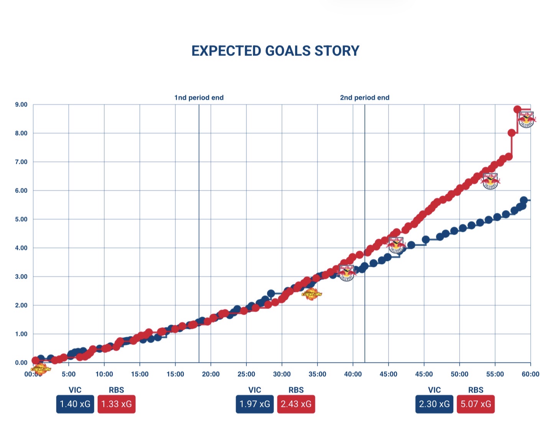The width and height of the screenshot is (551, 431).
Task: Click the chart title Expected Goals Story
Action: (275, 51)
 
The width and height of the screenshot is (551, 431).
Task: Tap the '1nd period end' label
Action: (199, 98)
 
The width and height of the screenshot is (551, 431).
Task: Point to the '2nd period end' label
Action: (364, 98)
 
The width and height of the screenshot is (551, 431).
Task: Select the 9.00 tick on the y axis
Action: (21, 104)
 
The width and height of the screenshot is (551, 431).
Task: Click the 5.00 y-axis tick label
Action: (21, 219)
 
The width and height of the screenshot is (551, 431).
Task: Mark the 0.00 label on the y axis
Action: (21, 362)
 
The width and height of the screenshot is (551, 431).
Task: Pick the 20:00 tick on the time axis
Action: (211, 374)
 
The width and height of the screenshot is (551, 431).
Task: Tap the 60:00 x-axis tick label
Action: (530, 374)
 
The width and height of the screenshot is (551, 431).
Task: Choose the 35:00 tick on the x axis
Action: (317, 374)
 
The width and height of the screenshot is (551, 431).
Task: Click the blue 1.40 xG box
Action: (75, 404)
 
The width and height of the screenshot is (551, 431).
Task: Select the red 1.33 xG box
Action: (116, 404)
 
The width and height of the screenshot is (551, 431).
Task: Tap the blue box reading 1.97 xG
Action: (255, 404)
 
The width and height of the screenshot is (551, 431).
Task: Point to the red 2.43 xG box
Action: (296, 404)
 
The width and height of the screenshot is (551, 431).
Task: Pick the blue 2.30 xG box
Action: (434, 404)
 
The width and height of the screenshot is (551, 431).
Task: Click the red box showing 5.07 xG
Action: (476, 404)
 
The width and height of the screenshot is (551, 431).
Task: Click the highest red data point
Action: (517, 109)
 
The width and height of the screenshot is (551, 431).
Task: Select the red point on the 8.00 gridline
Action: (512, 133)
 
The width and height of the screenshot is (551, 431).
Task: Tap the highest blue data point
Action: (524, 200)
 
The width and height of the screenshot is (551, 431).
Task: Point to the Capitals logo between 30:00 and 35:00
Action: (312, 294)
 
